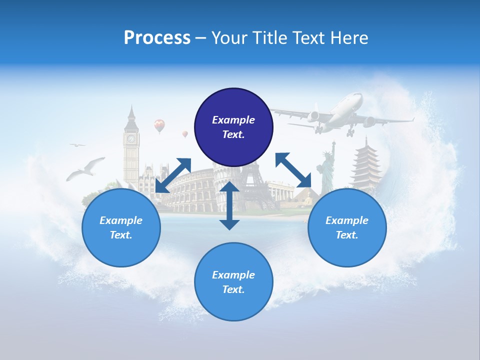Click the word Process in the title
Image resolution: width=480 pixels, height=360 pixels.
coord(157,38)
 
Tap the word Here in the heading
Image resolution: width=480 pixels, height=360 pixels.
coord(347,38)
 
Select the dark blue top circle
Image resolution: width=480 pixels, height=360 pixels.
coord(233,127)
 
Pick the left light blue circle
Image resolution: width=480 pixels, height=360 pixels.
coord(121,227)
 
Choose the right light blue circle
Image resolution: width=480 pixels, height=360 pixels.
coord(347,227)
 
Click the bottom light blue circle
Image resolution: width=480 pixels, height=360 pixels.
coord(233,281)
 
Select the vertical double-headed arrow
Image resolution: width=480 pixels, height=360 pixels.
coord(229,205)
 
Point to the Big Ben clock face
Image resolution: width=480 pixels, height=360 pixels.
coord(131,138)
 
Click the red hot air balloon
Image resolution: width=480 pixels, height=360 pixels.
coord(159,125)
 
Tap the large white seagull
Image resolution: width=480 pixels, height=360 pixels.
coord(86,168)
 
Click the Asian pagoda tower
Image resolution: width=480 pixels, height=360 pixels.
coord(366,165)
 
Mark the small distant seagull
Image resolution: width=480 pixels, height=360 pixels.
coord(77,145)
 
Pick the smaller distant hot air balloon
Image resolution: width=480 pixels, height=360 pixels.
coord(185,134)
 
